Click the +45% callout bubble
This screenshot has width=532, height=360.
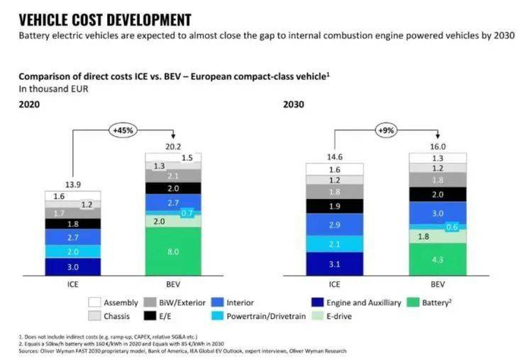click(125, 130)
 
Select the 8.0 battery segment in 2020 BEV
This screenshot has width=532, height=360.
click(173, 251)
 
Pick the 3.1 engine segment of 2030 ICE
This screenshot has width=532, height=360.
click(335, 264)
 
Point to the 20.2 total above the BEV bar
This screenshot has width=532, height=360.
click(173, 146)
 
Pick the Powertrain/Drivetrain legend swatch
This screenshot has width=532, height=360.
click(217, 316)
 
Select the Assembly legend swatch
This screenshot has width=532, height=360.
click(93, 302)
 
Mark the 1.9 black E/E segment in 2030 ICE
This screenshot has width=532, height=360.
click(335, 206)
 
